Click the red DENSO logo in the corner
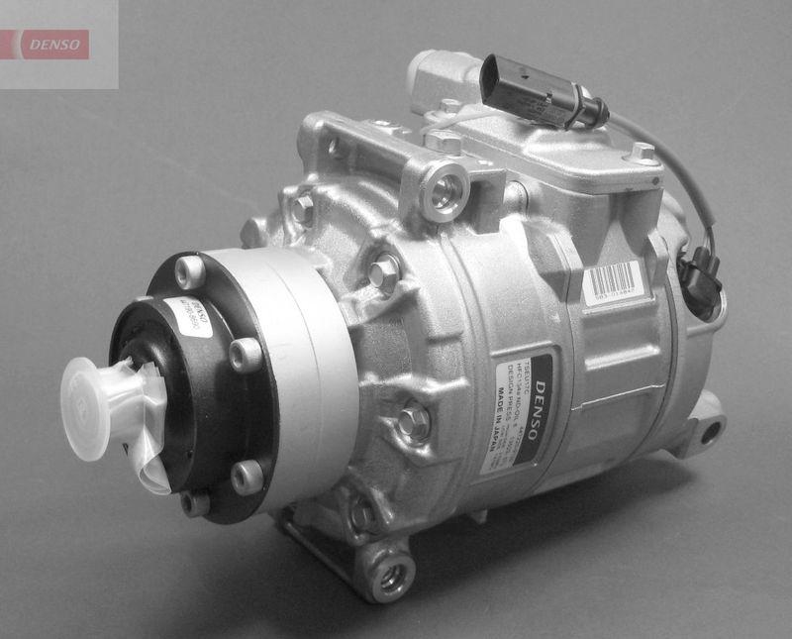point(55,44)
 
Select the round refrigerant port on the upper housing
point(445,187)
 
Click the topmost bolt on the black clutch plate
point(189,270)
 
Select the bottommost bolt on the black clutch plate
point(195,502)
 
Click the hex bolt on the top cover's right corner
point(643,154)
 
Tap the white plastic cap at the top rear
point(436,79)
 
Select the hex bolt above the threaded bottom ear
point(362,514)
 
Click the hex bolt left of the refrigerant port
point(301,209)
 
